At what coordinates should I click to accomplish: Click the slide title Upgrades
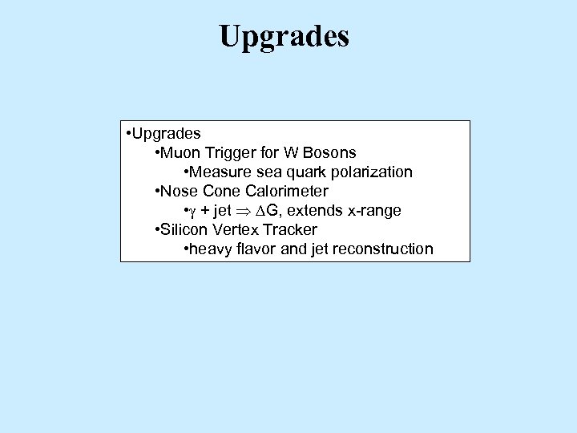(284, 35)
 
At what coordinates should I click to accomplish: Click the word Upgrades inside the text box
(167, 133)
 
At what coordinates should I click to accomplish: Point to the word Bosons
(329, 152)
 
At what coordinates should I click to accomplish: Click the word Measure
(218, 172)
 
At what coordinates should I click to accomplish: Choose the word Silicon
(184, 230)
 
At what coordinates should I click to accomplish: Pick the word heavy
(210, 249)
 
